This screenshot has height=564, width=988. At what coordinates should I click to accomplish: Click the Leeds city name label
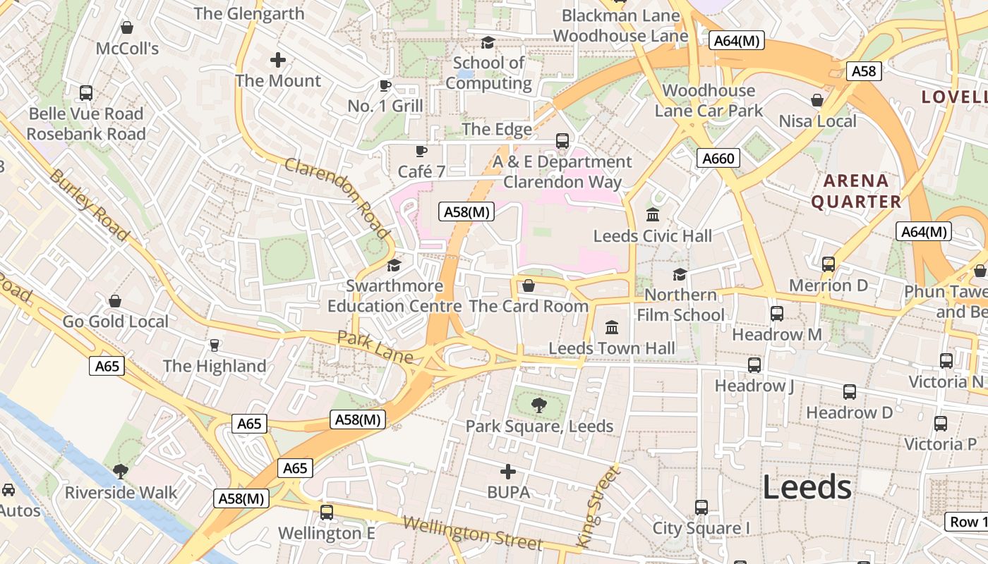[x=807, y=487]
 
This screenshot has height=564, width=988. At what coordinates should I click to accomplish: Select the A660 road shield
[x=718, y=159]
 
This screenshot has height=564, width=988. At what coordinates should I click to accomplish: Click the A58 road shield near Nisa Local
[x=864, y=71]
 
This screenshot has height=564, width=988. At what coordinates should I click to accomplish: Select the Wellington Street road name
[x=472, y=533]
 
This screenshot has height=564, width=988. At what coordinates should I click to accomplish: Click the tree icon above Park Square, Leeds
[x=539, y=405]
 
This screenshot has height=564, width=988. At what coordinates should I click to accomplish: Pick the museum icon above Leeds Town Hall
[x=612, y=327]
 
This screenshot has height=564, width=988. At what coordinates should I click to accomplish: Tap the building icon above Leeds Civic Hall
[x=653, y=214]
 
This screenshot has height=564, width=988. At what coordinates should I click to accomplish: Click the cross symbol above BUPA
[x=508, y=471]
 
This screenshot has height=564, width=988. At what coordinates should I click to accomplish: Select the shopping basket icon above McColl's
[x=127, y=27]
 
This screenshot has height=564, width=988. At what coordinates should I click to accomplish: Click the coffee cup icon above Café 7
[x=421, y=151]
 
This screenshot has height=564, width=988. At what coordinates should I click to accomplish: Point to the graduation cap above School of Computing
[x=488, y=43]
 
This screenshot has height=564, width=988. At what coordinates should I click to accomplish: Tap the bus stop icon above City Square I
[x=701, y=507]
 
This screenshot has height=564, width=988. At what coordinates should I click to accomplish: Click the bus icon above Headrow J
[x=754, y=364]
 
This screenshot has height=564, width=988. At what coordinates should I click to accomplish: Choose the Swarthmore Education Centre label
[x=394, y=296]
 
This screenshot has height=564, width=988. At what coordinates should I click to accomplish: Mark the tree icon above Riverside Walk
[x=121, y=470]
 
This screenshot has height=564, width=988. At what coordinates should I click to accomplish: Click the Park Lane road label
[x=374, y=348]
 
